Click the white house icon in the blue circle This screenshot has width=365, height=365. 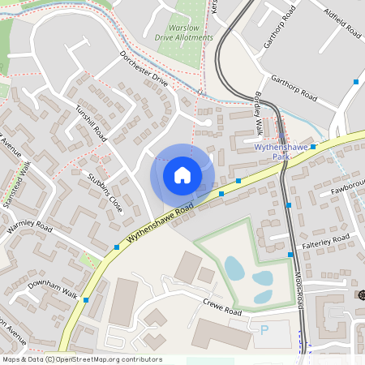pos(182,175)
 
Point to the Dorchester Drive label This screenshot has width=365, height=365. pos(143,69)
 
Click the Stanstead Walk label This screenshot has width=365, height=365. pos(16,185)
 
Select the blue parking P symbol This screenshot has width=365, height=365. pos(264,330)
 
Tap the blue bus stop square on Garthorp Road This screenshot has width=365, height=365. pos(355,82)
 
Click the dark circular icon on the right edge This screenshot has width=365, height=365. pos(362,294)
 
